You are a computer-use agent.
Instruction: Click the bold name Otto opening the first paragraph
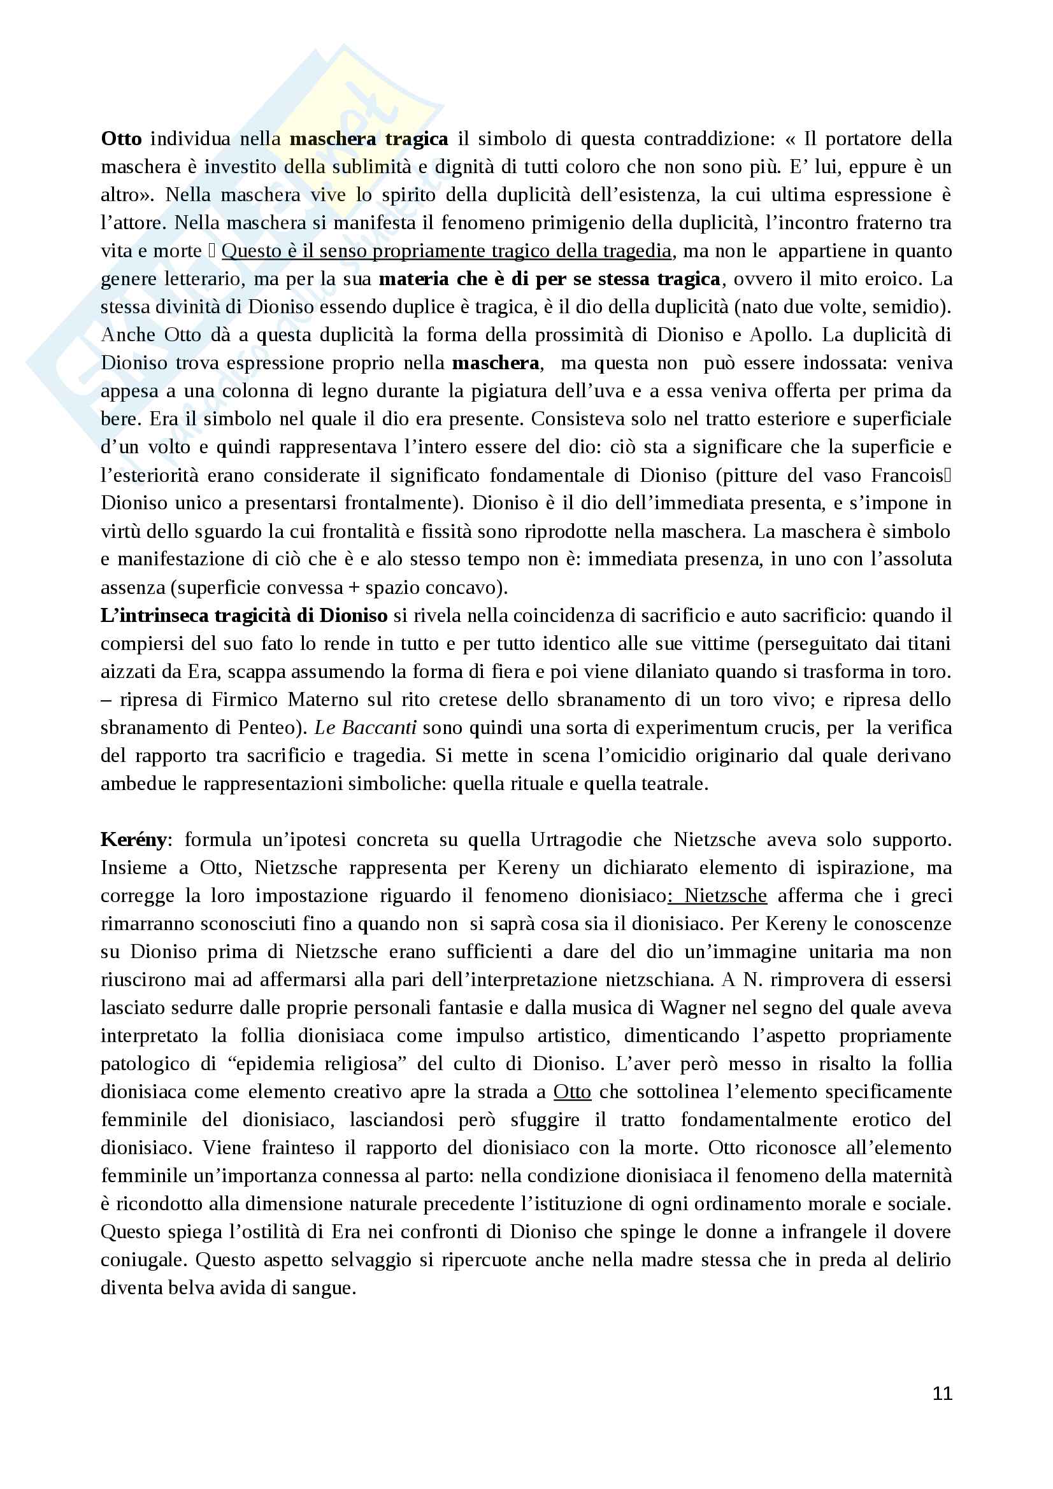[121, 139]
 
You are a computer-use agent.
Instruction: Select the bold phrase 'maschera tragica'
[368, 139]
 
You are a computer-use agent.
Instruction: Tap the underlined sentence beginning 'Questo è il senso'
[447, 251]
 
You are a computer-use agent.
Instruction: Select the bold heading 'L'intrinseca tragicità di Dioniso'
[244, 616]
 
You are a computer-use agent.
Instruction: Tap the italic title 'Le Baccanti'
[365, 728]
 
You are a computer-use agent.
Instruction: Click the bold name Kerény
[134, 840]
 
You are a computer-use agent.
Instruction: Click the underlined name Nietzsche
[726, 896]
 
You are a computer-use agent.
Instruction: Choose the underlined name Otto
[571, 1092]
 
